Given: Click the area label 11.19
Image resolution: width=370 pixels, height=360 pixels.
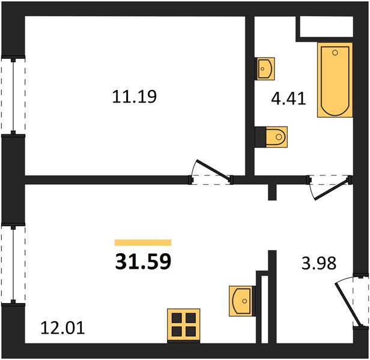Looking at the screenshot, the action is [135, 97].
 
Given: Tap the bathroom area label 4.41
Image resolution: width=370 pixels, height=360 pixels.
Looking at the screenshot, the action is [288, 98].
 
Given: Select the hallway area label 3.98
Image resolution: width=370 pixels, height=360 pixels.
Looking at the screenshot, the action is [319, 263].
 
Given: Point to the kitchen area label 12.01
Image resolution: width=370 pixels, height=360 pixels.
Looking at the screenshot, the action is [62, 328].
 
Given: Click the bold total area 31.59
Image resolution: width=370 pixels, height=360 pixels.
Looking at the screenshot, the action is [143, 262].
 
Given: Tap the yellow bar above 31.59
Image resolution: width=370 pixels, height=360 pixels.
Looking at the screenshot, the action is [143, 242].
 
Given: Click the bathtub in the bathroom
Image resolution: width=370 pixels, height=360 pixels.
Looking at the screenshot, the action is [335, 80].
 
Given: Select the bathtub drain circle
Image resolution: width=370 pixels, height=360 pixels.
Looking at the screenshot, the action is [335, 53].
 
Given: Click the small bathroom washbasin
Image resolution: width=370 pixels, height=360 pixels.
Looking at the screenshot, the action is [265, 68].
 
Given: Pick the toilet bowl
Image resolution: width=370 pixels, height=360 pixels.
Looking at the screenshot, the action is [276, 137].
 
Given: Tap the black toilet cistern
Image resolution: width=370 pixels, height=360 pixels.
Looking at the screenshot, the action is [261, 137].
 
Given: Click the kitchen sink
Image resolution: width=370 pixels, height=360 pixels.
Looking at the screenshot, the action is [241, 301].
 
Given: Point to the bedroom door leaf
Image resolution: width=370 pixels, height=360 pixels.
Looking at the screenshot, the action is [213, 170].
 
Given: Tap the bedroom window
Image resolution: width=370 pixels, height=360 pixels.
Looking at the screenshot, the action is [13, 96].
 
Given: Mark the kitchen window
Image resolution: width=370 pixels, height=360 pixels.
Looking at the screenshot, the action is [13, 265].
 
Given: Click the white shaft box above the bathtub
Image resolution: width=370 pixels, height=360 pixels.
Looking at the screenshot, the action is [326, 26].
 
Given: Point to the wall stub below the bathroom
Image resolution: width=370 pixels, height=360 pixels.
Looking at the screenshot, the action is [272, 192].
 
